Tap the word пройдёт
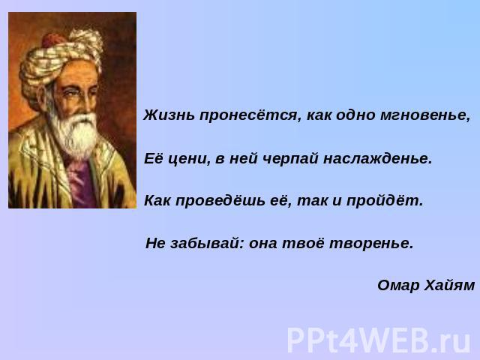[x=385, y=201]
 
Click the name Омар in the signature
[x=398, y=285]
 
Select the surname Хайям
[x=450, y=285]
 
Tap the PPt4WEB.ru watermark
[x=379, y=340]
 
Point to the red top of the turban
[x=52, y=40]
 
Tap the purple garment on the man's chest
[x=81, y=184]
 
